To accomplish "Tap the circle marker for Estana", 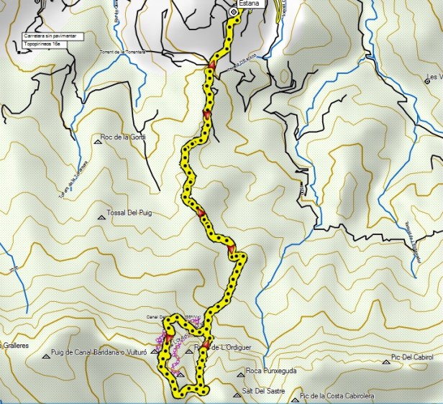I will pos(233,12).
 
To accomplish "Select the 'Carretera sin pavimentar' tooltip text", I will pos(53,35).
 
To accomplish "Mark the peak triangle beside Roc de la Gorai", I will pos(97,142).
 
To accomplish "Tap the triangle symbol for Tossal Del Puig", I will pos(101,218).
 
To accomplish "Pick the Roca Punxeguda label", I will pos(271,371).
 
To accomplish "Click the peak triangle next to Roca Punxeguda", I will pos(240,373).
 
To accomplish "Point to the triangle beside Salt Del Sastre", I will pos(237,395).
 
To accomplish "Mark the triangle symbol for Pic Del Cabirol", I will pos(385,362).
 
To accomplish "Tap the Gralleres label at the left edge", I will pos(14,346).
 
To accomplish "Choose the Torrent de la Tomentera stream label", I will pos(122,52).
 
